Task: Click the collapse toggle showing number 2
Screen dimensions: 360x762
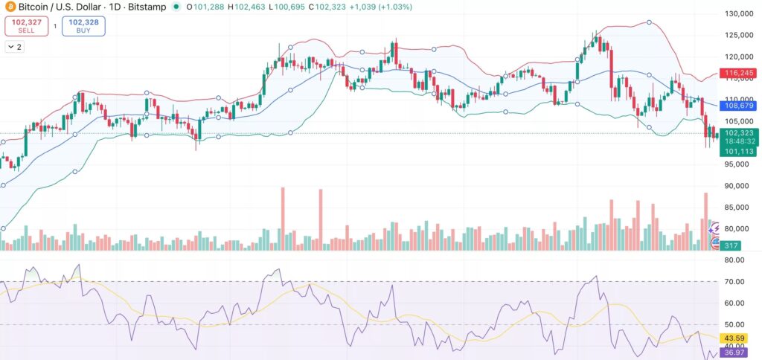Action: (x=13, y=47)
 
